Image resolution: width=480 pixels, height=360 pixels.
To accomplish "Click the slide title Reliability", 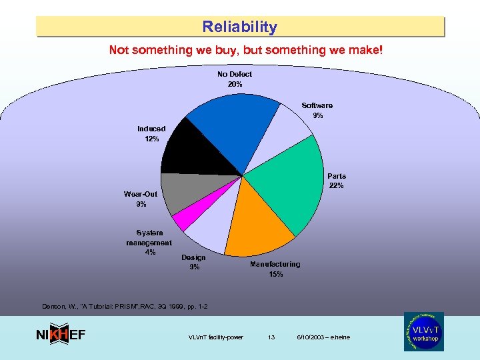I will (x=240, y=27).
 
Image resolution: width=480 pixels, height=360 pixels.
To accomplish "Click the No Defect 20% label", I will (x=235, y=79).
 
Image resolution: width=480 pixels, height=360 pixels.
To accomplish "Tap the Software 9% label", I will (x=317, y=110).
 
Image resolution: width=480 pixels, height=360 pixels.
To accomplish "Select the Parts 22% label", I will (x=336, y=181).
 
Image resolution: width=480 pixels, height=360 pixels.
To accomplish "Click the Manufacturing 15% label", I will (x=275, y=269).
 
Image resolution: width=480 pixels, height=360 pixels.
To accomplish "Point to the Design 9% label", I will (x=193, y=262).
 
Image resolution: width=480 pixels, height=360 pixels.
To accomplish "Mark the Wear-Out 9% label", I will (x=141, y=199).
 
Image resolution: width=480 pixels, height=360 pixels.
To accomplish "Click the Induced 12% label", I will (x=151, y=133).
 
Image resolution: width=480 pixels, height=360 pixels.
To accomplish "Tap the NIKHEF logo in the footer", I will (x=60, y=335).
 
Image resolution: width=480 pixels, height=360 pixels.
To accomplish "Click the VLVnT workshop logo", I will (x=423, y=331).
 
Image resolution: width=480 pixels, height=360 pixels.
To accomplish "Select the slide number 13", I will (x=271, y=337).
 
